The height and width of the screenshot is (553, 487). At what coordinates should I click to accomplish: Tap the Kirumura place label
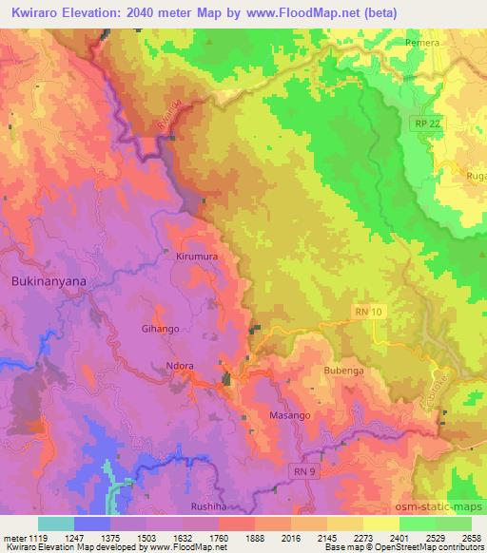(195, 257)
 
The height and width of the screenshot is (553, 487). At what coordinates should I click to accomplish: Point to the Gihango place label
(160, 328)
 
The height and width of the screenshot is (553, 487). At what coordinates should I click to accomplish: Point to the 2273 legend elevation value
(351, 537)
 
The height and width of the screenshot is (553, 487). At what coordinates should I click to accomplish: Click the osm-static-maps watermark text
(446, 505)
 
